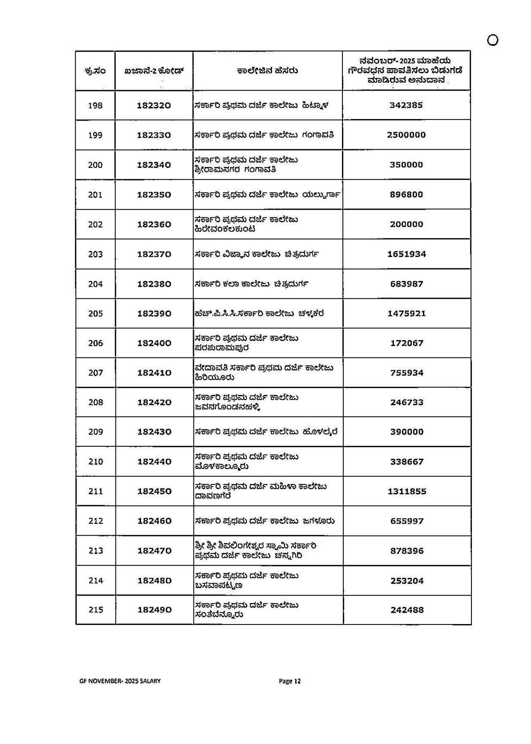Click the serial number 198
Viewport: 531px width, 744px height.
click(95, 105)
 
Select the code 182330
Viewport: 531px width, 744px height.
click(154, 135)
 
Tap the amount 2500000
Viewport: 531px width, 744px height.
click(406, 135)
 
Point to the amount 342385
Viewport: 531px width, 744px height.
click(406, 105)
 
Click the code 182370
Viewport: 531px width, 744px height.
click(154, 254)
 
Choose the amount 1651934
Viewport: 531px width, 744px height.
click(407, 254)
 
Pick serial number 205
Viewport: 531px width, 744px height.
click(95, 314)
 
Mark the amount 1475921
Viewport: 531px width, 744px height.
click(407, 313)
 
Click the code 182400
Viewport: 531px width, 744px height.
click(154, 343)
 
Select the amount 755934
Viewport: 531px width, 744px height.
click(407, 373)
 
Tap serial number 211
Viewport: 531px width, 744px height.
click(96, 491)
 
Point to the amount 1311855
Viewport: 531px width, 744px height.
click(407, 491)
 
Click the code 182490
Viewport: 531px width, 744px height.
click(154, 610)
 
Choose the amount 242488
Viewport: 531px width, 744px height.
click(407, 610)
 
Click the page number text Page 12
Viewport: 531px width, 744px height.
click(290, 681)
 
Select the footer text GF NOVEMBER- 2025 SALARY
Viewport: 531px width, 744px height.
click(120, 681)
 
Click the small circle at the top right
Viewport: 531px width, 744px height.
click(493, 40)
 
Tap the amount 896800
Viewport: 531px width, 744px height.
click(406, 194)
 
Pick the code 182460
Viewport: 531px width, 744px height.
click(154, 521)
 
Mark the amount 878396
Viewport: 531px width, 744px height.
click(407, 551)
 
